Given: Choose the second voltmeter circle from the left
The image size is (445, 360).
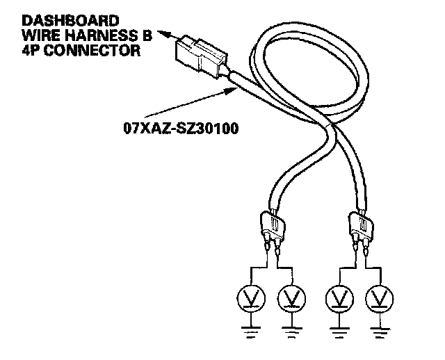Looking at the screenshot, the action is tap(290, 298).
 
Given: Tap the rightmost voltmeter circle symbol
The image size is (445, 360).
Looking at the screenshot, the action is tap(378, 298).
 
